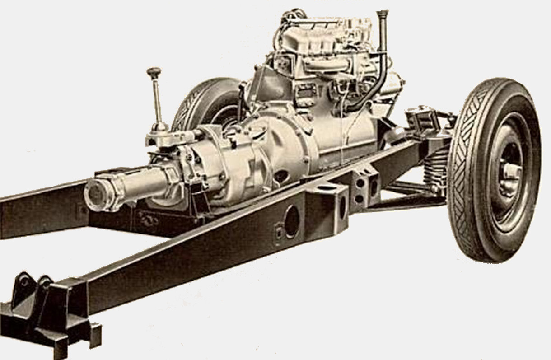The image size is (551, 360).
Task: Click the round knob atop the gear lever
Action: click(154, 72)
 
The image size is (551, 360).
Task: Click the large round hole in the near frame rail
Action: click(291, 221)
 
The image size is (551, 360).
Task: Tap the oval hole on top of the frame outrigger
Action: click(327, 187)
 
